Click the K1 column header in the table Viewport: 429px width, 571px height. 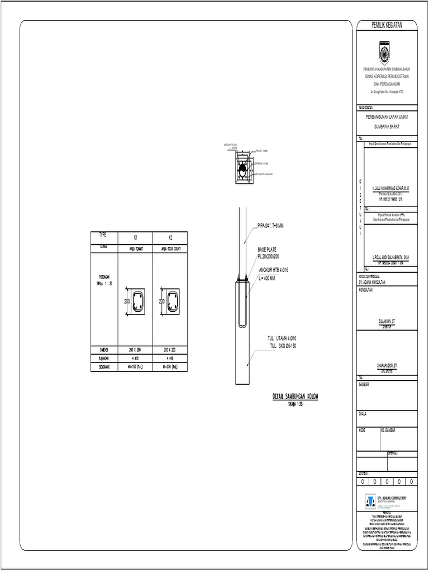click(x=135, y=238)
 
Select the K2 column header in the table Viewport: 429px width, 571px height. click(x=170, y=238)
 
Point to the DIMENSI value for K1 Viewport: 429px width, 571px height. click(x=135, y=350)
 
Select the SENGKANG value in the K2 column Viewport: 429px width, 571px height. click(x=170, y=367)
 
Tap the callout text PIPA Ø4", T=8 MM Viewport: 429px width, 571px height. click(x=271, y=226)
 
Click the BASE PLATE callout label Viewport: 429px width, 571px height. click(x=268, y=249)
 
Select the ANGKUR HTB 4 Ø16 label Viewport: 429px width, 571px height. click(x=273, y=270)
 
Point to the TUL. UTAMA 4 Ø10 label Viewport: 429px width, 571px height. click(x=283, y=338)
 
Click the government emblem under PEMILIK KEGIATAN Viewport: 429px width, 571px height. click(x=387, y=54)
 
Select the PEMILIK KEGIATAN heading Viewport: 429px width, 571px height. click(x=387, y=25)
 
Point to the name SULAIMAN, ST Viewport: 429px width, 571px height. click(x=387, y=322)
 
